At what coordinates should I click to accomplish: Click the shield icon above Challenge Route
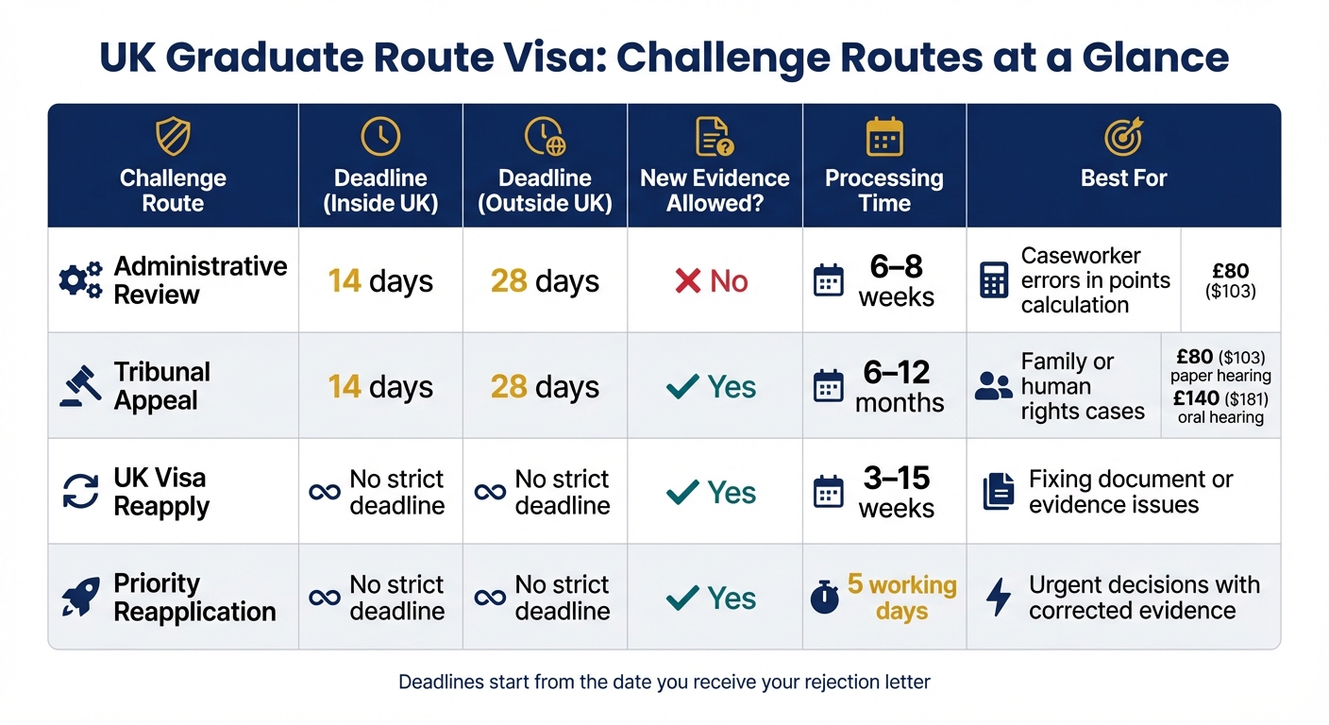pyautogui.click(x=173, y=138)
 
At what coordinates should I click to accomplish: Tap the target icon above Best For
pyautogui.click(x=1123, y=138)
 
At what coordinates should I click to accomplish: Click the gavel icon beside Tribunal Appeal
pyautogui.click(x=81, y=386)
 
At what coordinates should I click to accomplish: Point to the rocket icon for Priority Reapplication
pyautogui.click(x=81, y=598)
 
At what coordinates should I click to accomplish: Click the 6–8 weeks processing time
pyautogui.click(x=896, y=280)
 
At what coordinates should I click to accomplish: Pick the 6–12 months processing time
pyautogui.click(x=899, y=386)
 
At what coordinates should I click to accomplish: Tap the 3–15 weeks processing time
pyautogui.click(x=896, y=492)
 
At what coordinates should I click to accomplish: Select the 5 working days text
pyautogui.click(x=901, y=598)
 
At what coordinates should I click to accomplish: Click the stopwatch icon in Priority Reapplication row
pyautogui.click(x=826, y=599)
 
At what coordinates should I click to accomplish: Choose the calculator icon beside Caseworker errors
pyautogui.click(x=994, y=280)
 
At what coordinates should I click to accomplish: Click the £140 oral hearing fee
pyautogui.click(x=1220, y=408)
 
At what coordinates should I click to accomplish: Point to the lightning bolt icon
pyautogui.click(x=998, y=598)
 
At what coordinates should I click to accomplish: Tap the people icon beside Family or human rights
pyautogui.click(x=993, y=386)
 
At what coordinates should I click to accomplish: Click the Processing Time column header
pyautogui.click(x=884, y=190)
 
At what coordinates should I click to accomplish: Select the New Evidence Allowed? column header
pyautogui.click(x=715, y=190)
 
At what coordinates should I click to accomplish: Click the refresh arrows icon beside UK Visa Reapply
pyautogui.click(x=81, y=492)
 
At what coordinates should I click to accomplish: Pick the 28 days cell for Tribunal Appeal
pyautogui.click(x=545, y=387)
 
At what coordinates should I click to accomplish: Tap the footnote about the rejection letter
pyautogui.click(x=664, y=682)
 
